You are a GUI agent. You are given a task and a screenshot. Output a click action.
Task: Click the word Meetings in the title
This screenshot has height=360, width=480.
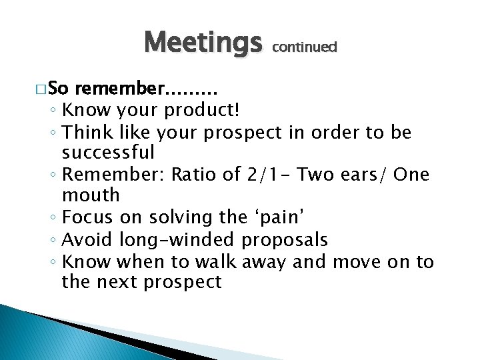tap(203, 44)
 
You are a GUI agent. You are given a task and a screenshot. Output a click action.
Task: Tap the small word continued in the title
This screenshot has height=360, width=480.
tap(305, 47)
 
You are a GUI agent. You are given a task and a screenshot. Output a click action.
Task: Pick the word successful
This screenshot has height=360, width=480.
tap(108, 153)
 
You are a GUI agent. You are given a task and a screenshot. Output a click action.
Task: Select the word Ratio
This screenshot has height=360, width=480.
tap(194, 175)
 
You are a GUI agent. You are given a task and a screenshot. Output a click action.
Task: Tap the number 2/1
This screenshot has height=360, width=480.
tap(261, 175)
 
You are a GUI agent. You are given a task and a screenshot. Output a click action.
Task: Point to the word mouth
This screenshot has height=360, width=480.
tap(91, 196)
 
